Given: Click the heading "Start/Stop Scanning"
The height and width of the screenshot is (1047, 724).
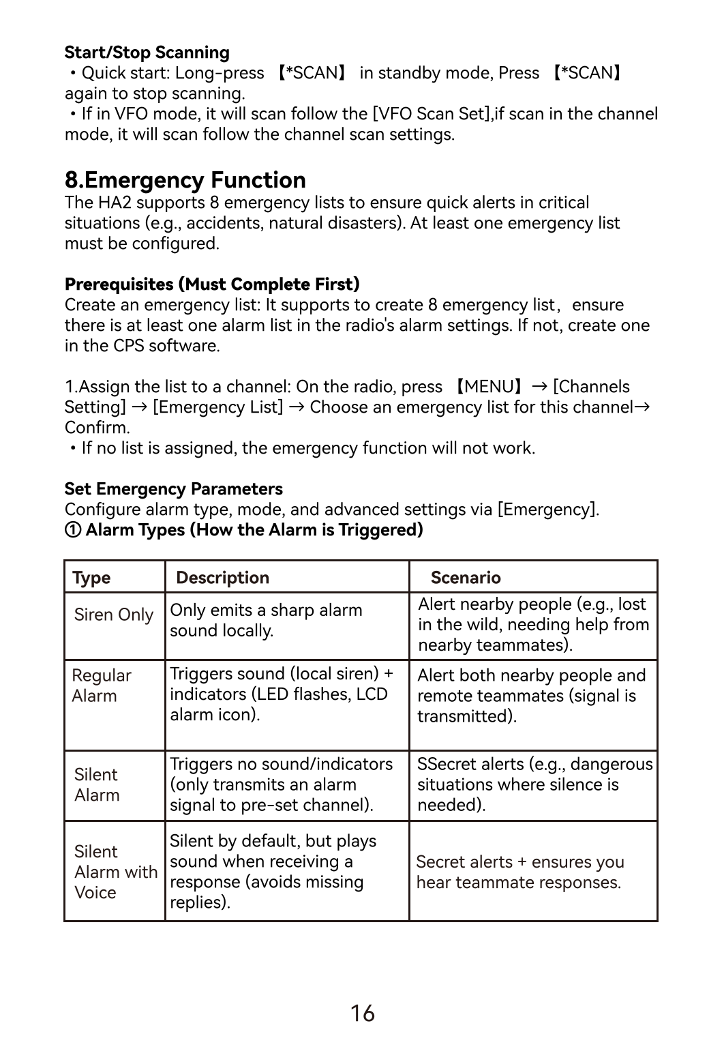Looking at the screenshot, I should (x=147, y=53).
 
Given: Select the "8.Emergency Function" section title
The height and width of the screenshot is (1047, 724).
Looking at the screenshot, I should (x=185, y=180).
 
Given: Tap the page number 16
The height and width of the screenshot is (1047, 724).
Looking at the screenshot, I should (x=362, y=1013).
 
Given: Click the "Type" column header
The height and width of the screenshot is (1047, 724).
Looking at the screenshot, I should (x=91, y=578).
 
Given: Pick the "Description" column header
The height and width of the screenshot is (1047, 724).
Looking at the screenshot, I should (x=222, y=578).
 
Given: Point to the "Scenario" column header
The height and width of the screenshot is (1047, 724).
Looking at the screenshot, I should (x=466, y=578).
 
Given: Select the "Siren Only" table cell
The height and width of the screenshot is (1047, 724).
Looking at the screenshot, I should (x=114, y=615).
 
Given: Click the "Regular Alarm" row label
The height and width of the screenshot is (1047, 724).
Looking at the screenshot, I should (x=102, y=685).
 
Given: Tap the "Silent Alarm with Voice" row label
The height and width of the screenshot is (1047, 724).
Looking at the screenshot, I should (x=115, y=872).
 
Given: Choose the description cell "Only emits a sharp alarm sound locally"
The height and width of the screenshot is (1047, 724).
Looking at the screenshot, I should (x=266, y=620).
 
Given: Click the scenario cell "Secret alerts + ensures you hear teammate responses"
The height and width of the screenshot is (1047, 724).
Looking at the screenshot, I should (x=519, y=872).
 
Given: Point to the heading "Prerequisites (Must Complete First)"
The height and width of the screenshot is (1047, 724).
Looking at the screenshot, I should (x=212, y=284).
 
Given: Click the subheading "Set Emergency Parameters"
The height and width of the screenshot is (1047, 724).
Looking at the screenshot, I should (x=173, y=489).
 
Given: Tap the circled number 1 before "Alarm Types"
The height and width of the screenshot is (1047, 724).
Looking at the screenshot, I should (x=72, y=530).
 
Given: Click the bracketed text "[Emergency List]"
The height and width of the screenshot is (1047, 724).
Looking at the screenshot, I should (x=217, y=407).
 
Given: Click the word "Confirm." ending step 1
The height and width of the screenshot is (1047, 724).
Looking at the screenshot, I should (x=97, y=428).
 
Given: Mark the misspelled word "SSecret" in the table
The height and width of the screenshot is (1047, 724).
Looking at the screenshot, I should (x=447, y=764).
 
